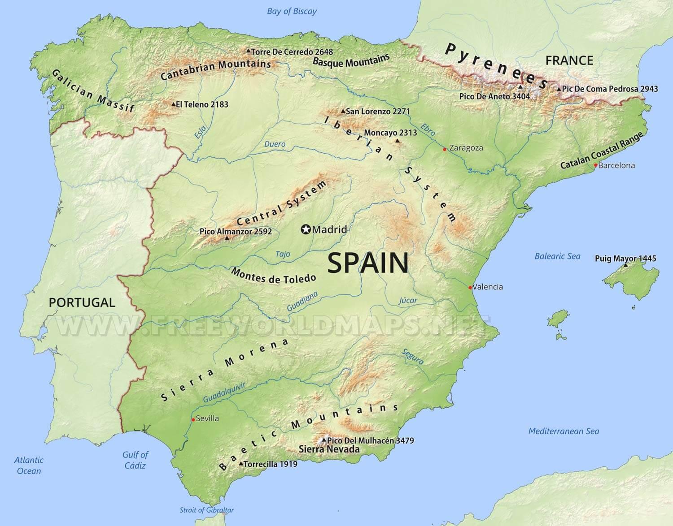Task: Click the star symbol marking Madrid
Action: [x=306, y=230]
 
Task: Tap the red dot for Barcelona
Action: [x=595, y=165]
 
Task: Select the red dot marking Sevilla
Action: [x=193, y=419]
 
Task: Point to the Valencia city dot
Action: [x=470, y=287]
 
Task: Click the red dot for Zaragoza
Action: [x=445, y=149]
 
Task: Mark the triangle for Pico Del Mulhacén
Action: [x=324, y=440]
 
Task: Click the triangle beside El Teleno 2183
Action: [x=174, y=104]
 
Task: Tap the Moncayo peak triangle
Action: [x=397, y=141]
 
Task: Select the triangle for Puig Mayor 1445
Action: [x=626, y=266]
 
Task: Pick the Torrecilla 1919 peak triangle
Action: [x=241, y=464]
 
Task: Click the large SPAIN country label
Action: [x=368, y=263]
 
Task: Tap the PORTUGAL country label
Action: [x=82, y=302]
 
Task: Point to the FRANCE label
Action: [x=569, y=60]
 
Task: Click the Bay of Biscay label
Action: [x=292, y=12]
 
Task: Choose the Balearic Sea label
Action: [x=557, y=256]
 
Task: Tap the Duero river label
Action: [x=275, y=144]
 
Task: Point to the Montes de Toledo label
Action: [x=274, y=276]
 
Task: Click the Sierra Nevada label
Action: [x=329, y=449]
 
